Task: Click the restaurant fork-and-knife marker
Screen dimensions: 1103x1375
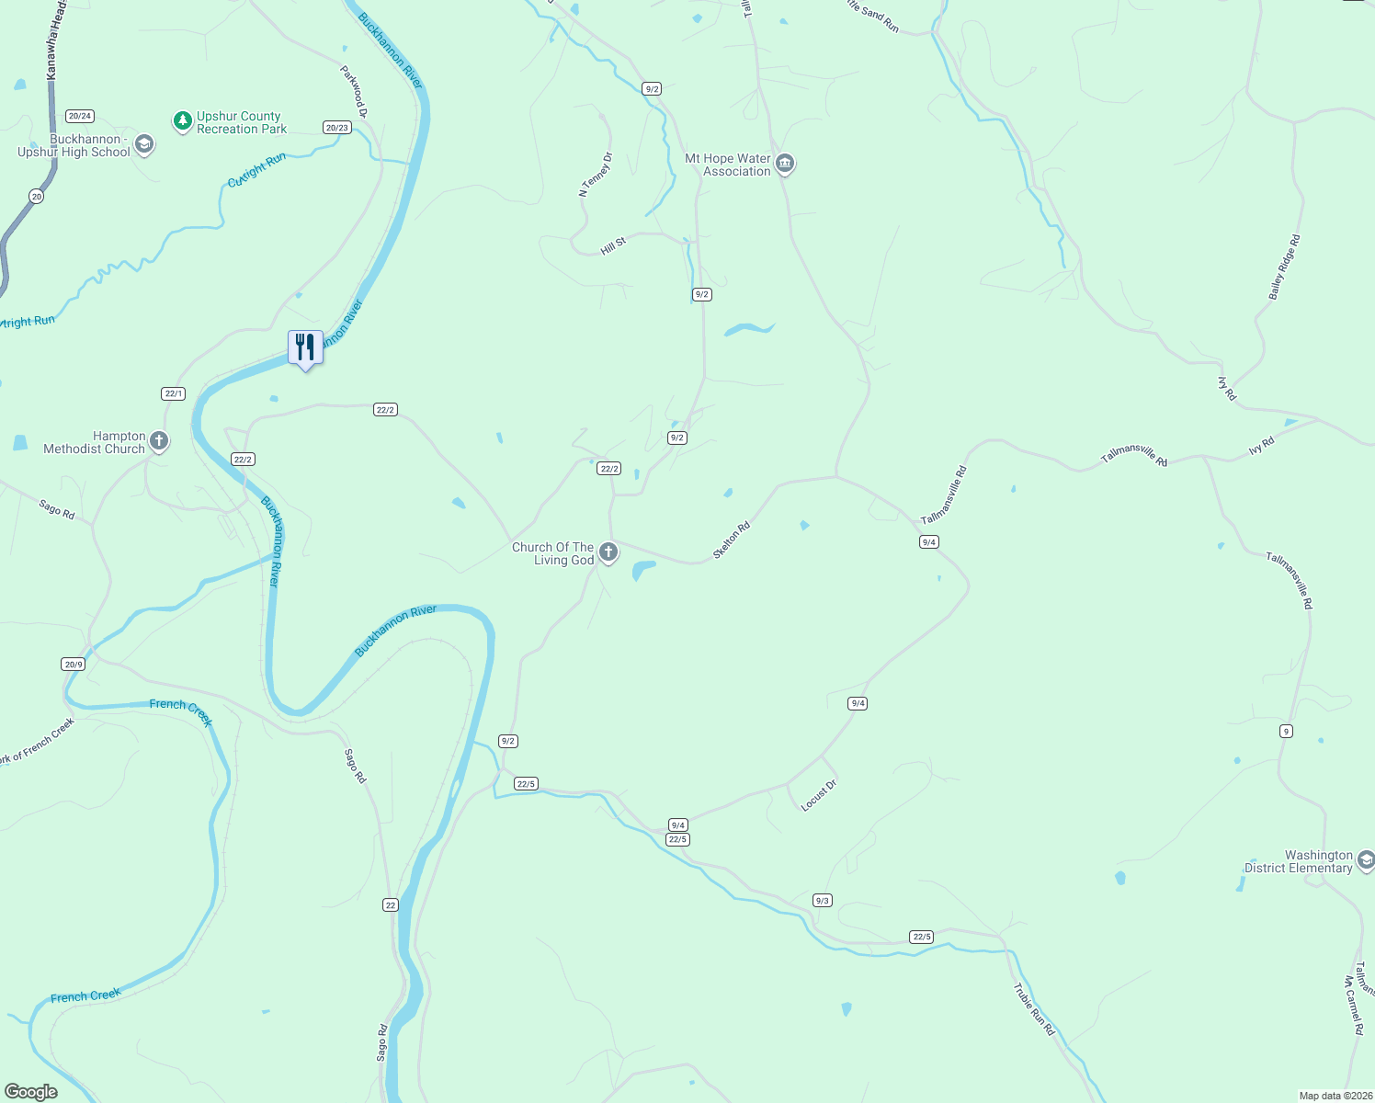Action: coord(305,347)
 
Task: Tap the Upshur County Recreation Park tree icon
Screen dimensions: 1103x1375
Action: coord(183,120)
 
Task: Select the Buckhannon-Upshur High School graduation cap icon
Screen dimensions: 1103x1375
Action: coord(143,144)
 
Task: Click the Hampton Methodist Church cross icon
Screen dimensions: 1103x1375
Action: coord(159,442)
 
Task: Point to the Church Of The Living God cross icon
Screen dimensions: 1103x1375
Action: coord(608,552)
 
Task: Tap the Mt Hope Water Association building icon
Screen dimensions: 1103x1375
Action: coord(784,165)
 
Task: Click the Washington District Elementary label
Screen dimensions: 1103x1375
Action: coord(1298,861)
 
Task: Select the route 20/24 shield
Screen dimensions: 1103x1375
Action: coord(80,116)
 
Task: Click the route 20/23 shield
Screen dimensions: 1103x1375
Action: coord(337,128)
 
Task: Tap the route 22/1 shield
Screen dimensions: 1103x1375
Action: coord(174,393)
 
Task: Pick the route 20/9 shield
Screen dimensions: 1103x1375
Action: coord(74,665)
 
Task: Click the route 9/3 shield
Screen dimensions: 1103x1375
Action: coord(823,900)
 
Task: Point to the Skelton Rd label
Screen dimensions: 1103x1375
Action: coord(732,540)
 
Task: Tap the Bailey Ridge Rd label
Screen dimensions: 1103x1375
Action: coord(1284,267)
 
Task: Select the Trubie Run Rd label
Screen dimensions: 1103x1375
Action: coord(1034,1009)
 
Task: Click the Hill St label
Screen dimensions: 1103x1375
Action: coord(613,245)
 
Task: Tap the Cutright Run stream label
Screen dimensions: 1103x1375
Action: coord(256,170)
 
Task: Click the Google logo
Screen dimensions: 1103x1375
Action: coord(31,1092)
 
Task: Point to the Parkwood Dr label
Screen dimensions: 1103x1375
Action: coord(354,91)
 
